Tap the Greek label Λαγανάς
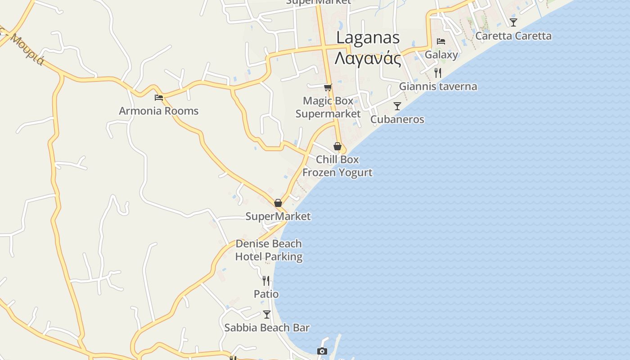pos(368,58)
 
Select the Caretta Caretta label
pos(513,36)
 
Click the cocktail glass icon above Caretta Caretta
pos(513,22)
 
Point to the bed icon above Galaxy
pos(441,41)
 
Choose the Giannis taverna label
pos(438,86)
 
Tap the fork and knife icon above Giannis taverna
pos(437,72)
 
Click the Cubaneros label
pos(397,119)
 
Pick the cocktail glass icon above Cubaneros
pos(397,106)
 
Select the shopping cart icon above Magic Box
pos(328,87)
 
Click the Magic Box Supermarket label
pos(328,107)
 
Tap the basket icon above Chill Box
pos(337,146)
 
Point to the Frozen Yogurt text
pos(337,172)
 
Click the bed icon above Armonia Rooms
pos(158,97)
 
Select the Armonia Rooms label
pos(158,111)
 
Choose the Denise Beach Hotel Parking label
pos(269,250)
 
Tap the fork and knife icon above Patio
pos(266,281)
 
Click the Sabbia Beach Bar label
pos(267,328)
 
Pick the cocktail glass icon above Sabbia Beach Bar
pos(267,314)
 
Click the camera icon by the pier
pos(322,351)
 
